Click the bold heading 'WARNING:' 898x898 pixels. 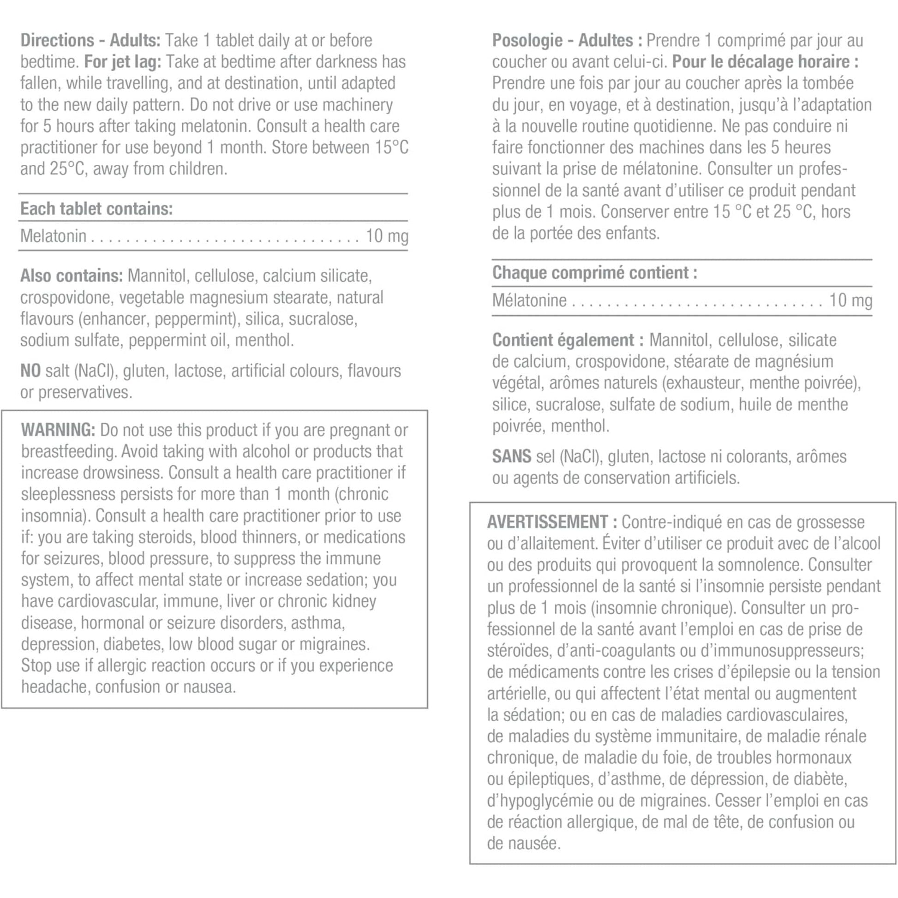(x=58, y=430)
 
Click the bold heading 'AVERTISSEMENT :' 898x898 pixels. (x=552, y=522)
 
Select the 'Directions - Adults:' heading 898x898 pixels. (x=90, y=41)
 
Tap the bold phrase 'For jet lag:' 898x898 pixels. (x=123, y=62)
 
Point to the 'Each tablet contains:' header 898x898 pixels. (x=96, y=209)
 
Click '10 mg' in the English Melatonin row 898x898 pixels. (x=387, y=236)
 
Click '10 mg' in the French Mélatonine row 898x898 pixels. (x=850, y=300)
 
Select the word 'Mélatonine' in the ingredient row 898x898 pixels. (x=529, y=301)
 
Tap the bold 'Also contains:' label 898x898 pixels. (x=72, y=275)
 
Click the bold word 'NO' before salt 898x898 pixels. (x=30, y=371)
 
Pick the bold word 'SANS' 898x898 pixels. (x=511, y=456)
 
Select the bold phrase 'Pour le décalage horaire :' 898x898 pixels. (x=765, y=62)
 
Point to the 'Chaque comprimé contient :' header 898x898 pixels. (x=594, y=273)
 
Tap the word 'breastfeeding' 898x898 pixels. (x=67, y=451)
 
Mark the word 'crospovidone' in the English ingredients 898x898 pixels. (x=66, y=298)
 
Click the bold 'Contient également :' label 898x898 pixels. (x=568, y=340)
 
